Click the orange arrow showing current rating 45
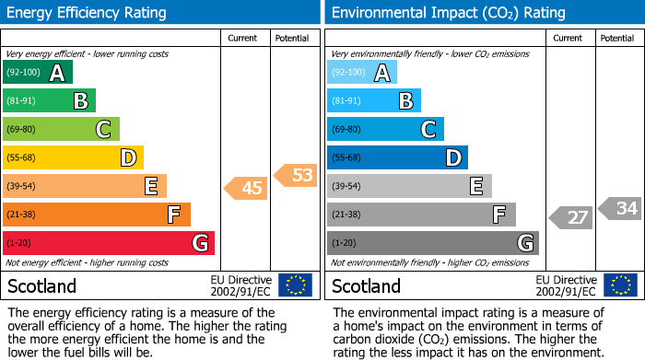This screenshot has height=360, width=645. pos(246,188)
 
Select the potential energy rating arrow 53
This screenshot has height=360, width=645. pos(296,174)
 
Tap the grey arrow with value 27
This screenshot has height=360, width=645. pos(571,217)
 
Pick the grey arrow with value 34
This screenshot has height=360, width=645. pos(620,208)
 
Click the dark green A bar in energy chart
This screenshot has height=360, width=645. pos(38,73)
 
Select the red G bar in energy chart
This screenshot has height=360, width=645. pos(109,243)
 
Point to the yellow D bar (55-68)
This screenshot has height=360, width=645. pos(73,157)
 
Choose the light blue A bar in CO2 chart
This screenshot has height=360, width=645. pos(362,73)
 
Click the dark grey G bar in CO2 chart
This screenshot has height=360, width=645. pos(432,243)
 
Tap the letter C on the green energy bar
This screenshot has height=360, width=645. pos(104,130)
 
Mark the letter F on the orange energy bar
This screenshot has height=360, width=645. pos(173,215)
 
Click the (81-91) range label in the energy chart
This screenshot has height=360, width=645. pos(23,101)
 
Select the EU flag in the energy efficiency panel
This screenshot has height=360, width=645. pos(295,285)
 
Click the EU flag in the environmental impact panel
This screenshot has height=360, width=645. pos(623,285)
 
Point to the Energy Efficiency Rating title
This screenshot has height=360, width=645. pos(87,13)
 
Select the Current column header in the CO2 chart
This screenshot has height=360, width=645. pos(569,38)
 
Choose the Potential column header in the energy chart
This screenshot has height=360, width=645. pos(292,38)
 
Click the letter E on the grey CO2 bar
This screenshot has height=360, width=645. pos(475,187)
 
